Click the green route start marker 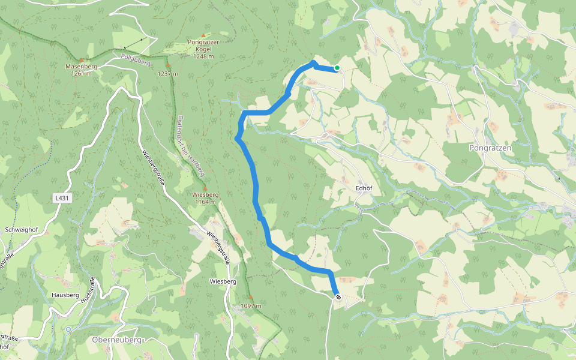coord(337,68)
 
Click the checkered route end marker coord(338,297)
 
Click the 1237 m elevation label coord(169,74)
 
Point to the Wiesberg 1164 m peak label coord(205,198)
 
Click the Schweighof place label coord(22,230)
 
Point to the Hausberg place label coord(65,295)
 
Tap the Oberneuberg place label coord(117,340)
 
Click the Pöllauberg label coord(136,59)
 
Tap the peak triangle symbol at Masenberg coord(81,60)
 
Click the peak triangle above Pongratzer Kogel coord(203,36)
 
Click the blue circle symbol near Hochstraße coord(68,329)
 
